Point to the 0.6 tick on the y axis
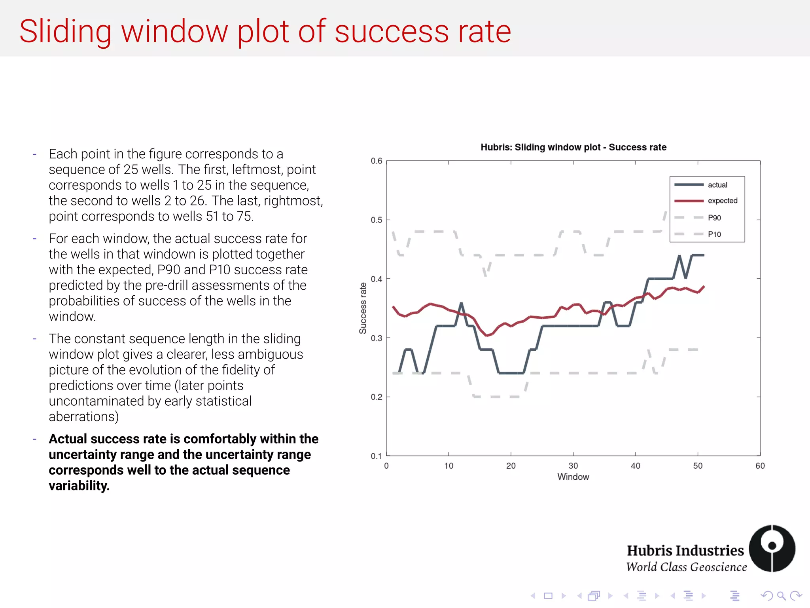(x=376, y=161)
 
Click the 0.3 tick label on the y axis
(x=376, y=338)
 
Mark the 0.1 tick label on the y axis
(x=376, y=456)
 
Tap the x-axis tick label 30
(x=573, y=466)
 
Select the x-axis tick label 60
(x=760, y=466)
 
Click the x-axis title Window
(x=573, y=477)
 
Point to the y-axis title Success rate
(x=363, y=308)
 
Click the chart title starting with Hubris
(x=573, y=147)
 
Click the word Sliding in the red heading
(x=66, y=32)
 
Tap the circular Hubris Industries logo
(x=772, y=548)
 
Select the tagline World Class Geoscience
(x=686, y=567)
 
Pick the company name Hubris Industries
(x=685, y=551)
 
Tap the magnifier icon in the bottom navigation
(x=781, y=596)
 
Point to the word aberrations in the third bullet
(x=83, y=417)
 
